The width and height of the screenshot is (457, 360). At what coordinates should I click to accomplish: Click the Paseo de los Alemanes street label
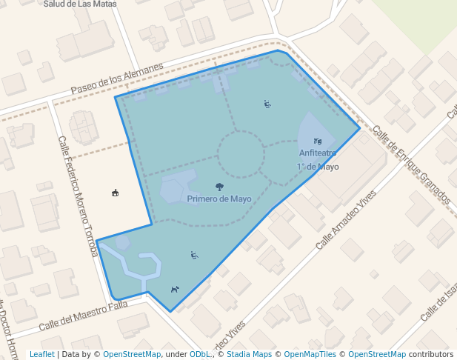[x=117, y=79]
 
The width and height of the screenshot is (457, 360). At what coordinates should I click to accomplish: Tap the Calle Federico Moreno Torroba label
[x=78, y=196]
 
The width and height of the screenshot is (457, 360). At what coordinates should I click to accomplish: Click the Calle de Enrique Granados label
[x=412, y=164]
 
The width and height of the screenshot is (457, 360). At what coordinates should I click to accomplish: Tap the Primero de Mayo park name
[x=219, y=199]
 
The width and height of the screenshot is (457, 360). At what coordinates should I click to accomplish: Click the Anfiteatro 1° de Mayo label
[x=318, y=160]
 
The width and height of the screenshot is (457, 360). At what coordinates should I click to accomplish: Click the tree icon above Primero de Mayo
[x=219, y=187]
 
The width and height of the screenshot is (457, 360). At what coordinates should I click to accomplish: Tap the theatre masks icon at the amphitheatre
[x=318, y=141]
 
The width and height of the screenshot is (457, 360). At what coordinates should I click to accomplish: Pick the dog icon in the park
[x=175, y=290]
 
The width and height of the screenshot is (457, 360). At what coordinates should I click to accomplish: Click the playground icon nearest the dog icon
[x=194, y=256]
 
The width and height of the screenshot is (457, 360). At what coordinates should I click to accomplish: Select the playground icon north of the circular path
[x=267, y=104]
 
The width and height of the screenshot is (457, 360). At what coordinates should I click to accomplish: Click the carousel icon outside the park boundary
[x=115, y=193]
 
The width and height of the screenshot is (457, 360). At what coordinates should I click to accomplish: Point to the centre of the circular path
[x=240, y=154]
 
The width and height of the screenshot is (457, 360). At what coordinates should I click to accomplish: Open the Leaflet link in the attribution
[x=41, y=355]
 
